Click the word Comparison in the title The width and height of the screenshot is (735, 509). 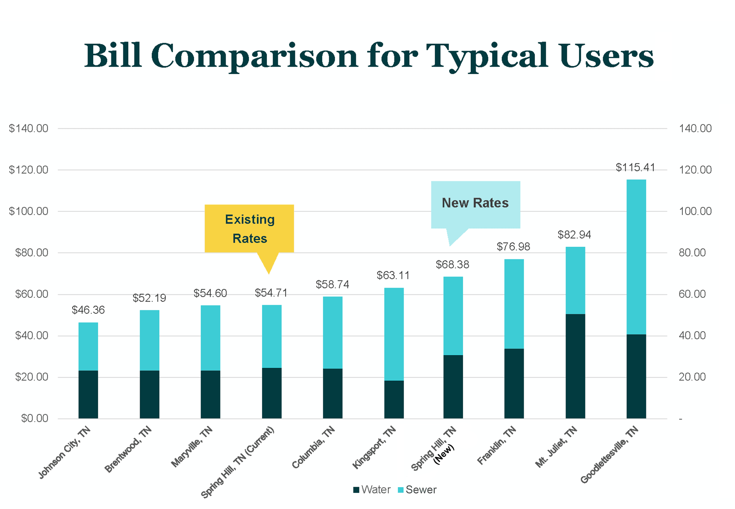coord(254,57)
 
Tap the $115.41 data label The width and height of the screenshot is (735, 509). coord(635,168)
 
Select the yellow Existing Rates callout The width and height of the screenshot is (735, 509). coord(249,229)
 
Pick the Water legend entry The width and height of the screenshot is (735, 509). coord(372,490)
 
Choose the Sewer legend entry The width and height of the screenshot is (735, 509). coord(417,490)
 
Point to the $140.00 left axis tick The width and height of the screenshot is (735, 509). coord(28,128)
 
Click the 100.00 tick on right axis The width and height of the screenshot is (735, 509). coord(695,211)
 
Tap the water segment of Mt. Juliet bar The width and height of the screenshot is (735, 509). coord(575,366)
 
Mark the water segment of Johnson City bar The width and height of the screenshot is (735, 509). coord(88,395)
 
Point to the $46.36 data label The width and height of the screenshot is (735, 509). coord(88,310)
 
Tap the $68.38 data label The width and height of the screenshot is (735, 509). coord(452,265)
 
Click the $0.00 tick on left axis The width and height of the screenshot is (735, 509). coord(35,419)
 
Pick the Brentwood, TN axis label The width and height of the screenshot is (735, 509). coord(128,450)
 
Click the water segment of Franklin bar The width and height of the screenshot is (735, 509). coord(514,384)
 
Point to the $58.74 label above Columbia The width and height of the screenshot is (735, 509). coord(332,285)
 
